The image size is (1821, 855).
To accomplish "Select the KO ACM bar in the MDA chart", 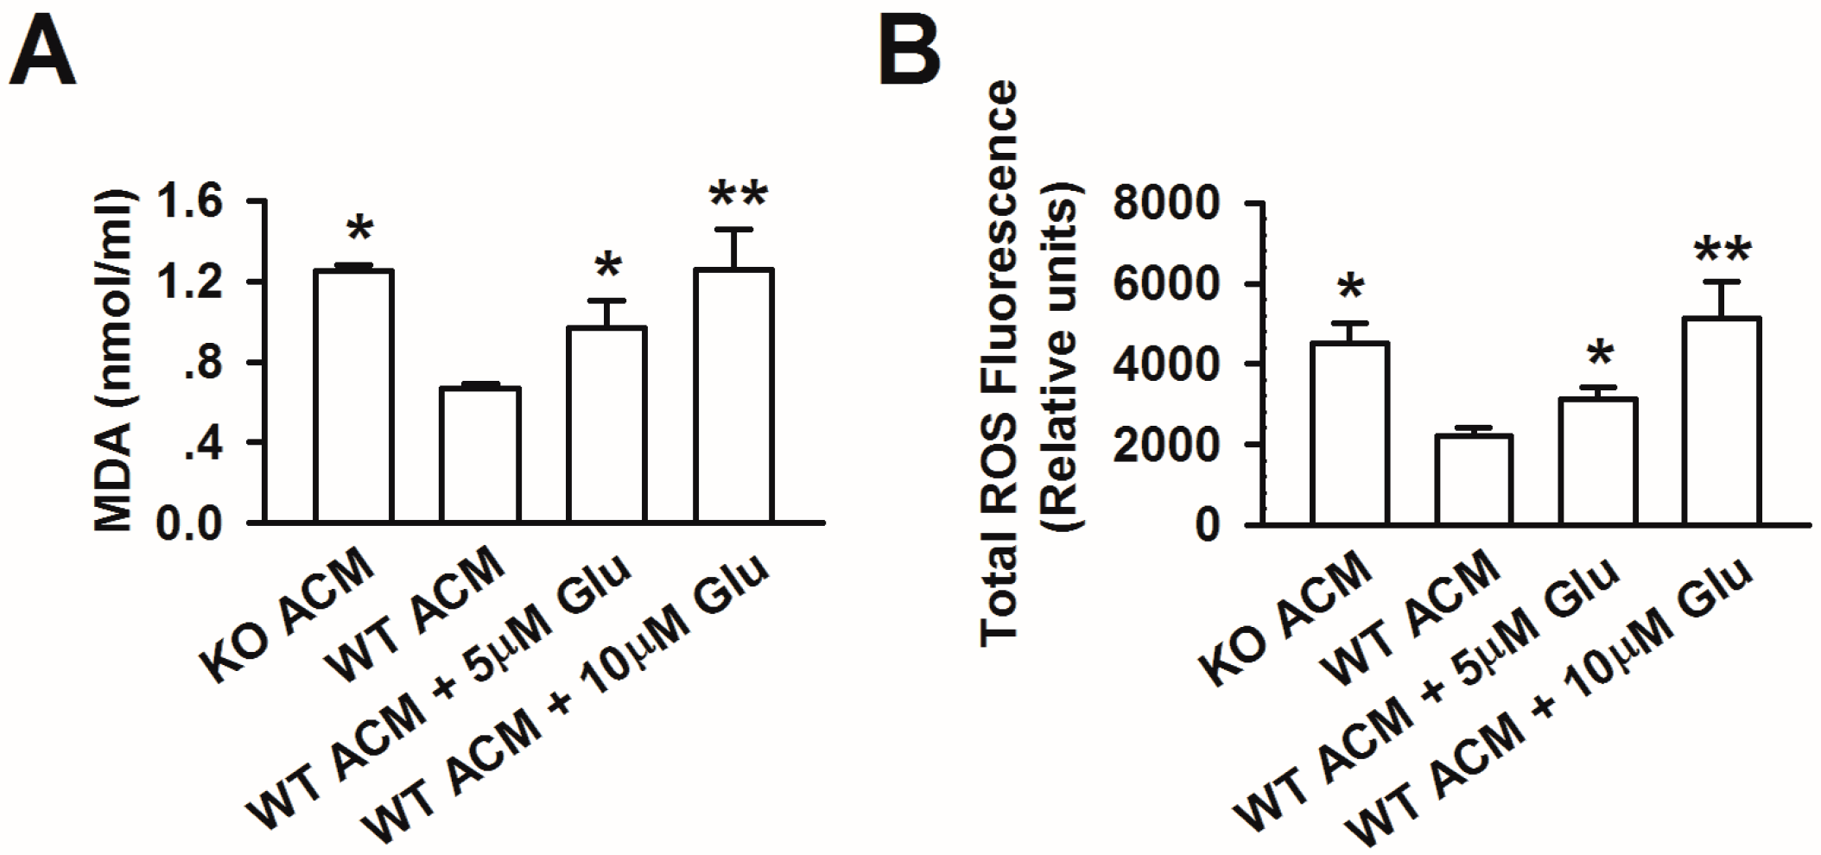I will click(354, 396).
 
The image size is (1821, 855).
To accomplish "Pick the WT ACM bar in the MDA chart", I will click(480, 455).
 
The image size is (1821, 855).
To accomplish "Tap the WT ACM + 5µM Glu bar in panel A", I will click(606, 425).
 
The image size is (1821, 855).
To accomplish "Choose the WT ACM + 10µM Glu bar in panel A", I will click(733, 396).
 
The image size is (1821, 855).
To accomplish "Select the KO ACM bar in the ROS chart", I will click(1349, 434).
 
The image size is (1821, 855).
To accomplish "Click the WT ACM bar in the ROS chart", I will click(1474, 480).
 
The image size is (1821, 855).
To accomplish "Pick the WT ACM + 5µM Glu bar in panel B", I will click(1598, 462).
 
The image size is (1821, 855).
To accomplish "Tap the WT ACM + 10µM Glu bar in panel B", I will click(1723, 421).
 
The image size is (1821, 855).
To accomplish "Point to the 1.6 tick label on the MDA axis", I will click(189, 202).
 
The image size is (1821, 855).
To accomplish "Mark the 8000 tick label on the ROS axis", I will click(1166, 204).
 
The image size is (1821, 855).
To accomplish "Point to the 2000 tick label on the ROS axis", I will click(1166, 445).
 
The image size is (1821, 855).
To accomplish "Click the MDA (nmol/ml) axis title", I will click(114, 361).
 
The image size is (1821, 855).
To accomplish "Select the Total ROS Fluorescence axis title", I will click(999, 363).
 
